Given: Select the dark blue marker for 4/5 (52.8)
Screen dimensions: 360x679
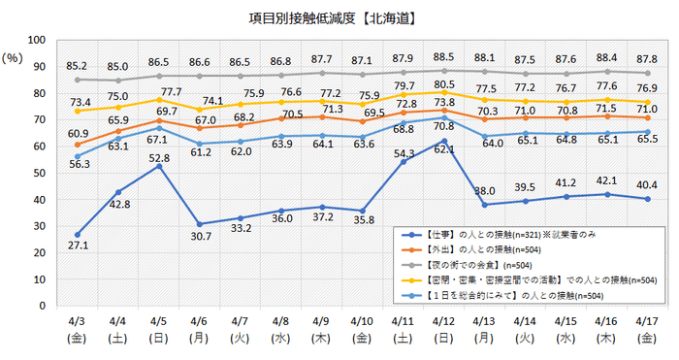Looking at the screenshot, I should (x=158, y=166).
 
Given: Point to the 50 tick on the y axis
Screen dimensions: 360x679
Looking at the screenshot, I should (x=39, y=173).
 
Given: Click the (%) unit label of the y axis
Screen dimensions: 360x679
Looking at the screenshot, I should (x=13, y=58).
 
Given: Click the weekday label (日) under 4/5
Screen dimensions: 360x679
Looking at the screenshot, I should (x=158, y=340).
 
